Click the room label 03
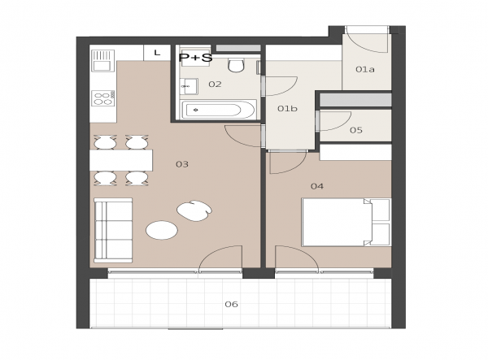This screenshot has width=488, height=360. coord(182,164)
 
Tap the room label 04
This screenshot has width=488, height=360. coord(317,186)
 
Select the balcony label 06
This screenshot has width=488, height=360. coord(232,304)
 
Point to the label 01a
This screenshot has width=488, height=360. coord(365,69)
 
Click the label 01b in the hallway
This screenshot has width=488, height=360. coord(287,109)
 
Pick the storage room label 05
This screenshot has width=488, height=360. coord(356,130)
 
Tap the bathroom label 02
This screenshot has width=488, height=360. coord(215,85)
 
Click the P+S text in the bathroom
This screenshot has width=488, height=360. coord(195,58)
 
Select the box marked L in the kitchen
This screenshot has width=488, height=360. coord(157,53)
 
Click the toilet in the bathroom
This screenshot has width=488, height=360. coord(236,65)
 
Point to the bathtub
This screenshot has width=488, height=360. coord(218,110)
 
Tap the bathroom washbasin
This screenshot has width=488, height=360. coord(189,86)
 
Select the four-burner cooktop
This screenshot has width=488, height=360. coord(103,98)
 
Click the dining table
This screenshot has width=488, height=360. coord(121,160)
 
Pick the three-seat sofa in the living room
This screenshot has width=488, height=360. coord(113,230)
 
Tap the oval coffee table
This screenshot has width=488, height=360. coord(162,230)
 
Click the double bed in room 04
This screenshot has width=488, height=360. coord(346,223)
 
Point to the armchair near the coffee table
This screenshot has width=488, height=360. coord(194,210)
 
